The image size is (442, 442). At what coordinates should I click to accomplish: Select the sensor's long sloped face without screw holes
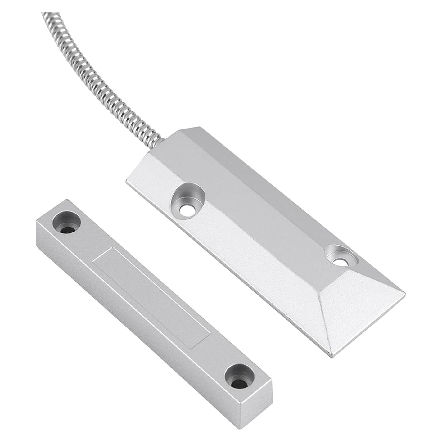point(279,199)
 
